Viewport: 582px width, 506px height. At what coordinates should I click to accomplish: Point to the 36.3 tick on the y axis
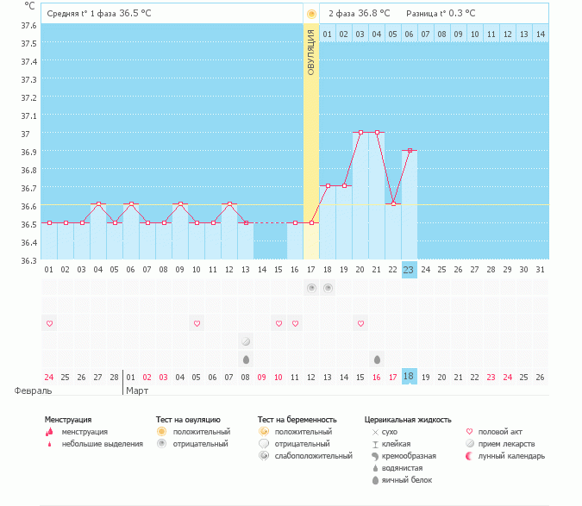point(28,260)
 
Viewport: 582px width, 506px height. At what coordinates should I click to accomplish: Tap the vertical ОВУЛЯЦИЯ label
point(311,52)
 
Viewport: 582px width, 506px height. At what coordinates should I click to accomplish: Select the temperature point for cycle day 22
point(393,203)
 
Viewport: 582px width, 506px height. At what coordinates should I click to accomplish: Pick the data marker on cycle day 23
point(410,150)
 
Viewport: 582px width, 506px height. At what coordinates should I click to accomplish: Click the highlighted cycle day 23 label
point(410,270)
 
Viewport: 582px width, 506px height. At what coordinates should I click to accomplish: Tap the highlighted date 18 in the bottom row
point(410,377)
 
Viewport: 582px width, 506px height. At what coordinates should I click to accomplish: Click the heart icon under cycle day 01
point(49,323)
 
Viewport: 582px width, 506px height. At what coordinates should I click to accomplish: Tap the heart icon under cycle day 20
point(360,323)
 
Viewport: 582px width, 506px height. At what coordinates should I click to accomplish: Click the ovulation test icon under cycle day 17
point(311,287)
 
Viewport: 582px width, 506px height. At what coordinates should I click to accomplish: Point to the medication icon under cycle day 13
point(246,341)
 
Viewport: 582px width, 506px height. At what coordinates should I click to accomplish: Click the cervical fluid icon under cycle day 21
point(377,359)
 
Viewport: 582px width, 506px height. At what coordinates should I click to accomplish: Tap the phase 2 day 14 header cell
point(540,34)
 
